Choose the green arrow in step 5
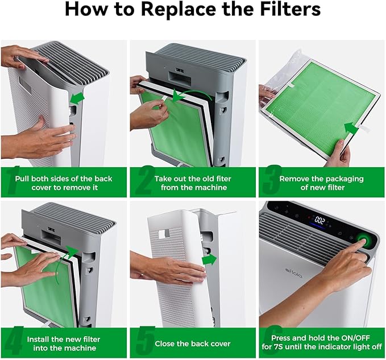tap(209, 260)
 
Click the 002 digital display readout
tap(319, 220)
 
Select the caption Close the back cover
tap(192, 344)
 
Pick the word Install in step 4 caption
tap(40, 339)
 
